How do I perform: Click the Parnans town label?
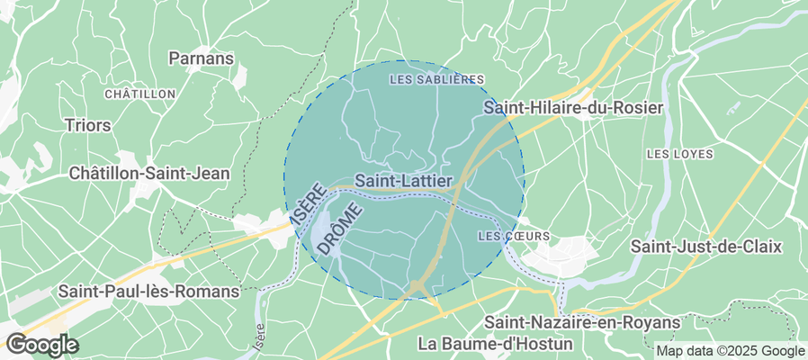pos(202,58)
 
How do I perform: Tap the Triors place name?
pos(87,125)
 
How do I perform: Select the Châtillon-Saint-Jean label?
pos(149,173)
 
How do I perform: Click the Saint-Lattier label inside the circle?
pos(403,181)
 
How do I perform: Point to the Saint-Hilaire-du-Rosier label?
pos(573,107)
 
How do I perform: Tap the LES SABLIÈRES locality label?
pos(436,80)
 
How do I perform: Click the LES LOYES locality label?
pos(679,154)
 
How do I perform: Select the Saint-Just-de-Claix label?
pos(706,246)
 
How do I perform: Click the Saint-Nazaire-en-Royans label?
pos(583,321)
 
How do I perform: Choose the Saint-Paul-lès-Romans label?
pos(148,292)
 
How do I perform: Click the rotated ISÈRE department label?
pos(307,205)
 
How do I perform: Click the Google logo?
pos(41,344)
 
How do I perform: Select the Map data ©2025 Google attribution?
pos(730,351)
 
